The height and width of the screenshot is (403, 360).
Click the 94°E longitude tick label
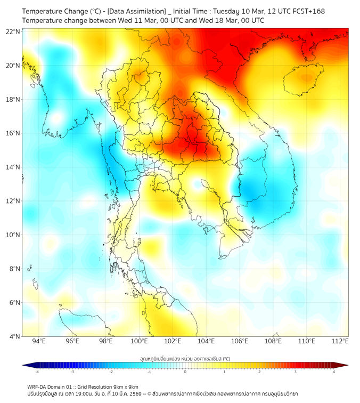(39, 341)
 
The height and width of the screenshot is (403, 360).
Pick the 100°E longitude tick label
(140, 341)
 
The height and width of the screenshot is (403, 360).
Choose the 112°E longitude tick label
(340, 341)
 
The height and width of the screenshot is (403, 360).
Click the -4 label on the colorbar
(37, 372)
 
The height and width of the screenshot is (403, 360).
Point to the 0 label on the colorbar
(185, 372)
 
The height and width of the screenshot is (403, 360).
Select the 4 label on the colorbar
(334, 372)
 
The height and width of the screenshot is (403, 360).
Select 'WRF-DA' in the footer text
(38, 386)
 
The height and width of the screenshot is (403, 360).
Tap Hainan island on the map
(305, 80)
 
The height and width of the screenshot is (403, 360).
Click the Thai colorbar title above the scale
(185, 359)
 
